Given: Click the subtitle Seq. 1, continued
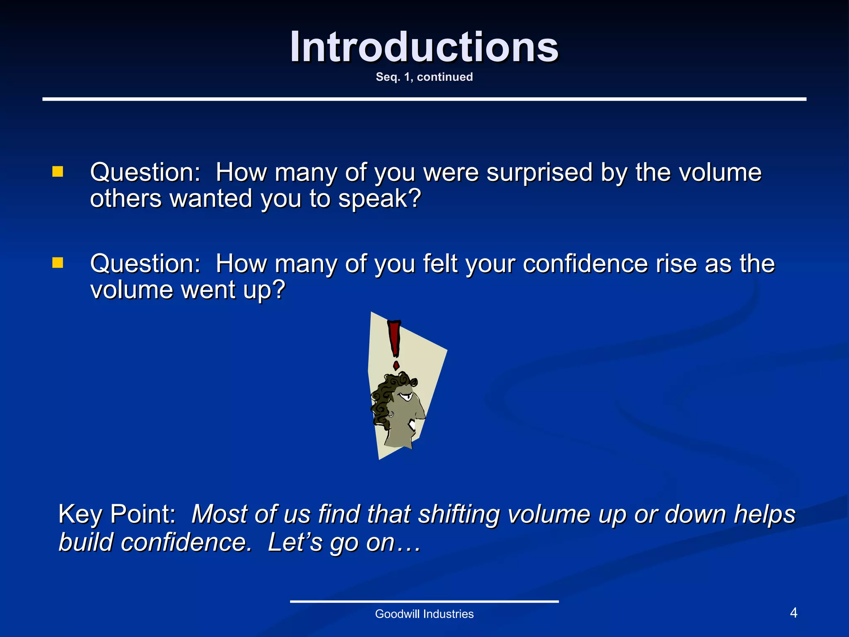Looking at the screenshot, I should pyautogui.click(x=424, y=77).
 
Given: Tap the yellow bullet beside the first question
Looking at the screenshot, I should pyautogui.click(x=58, y=172).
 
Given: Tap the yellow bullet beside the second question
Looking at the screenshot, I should pyautogui.click(x=58, y=263).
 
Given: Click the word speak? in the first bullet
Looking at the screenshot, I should pyautogui.click(x=380, y=199).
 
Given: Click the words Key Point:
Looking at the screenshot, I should pyautogui.click(x=117, y=514).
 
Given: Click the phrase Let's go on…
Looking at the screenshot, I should pyautogui.click(x=344, y=542).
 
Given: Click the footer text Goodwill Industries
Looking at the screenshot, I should pyautogui.click(x=424, y=614).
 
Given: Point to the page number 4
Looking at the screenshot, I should pyautogui.click(x=793, y=613).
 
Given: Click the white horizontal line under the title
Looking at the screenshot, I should pyautogui.click(x=424, y=99).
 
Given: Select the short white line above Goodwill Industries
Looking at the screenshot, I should pyautogui.click(x=424, y=601).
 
